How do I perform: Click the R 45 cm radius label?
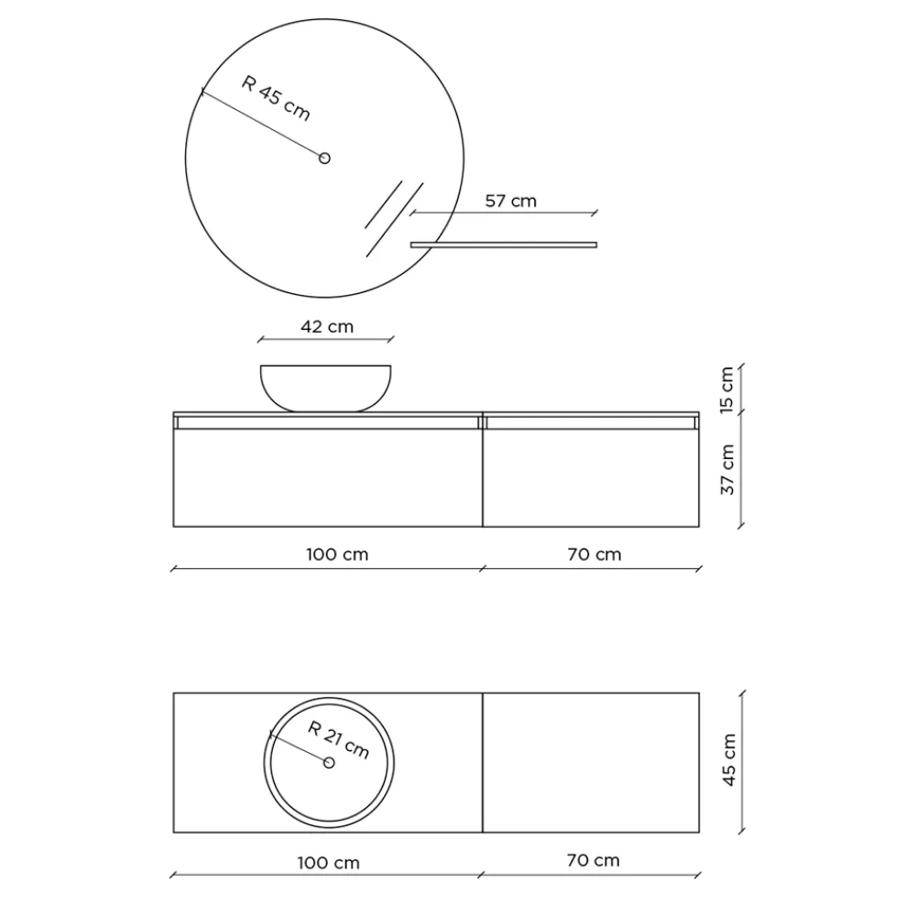click(x=276, y=98)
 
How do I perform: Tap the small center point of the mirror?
click(x=324, y=158)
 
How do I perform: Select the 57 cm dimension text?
click(x=510, y=201)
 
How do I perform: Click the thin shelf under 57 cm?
click(x=504, y=245)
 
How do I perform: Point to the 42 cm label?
click(x=327, y=326)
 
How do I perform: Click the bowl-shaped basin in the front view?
click(x=325, y=388)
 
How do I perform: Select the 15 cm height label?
click(x=726, y=389)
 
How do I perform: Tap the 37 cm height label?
click(x=726, y=470)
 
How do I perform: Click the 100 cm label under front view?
click(x=337, y=554)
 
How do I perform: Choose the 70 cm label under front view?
click(x=594, y=554)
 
